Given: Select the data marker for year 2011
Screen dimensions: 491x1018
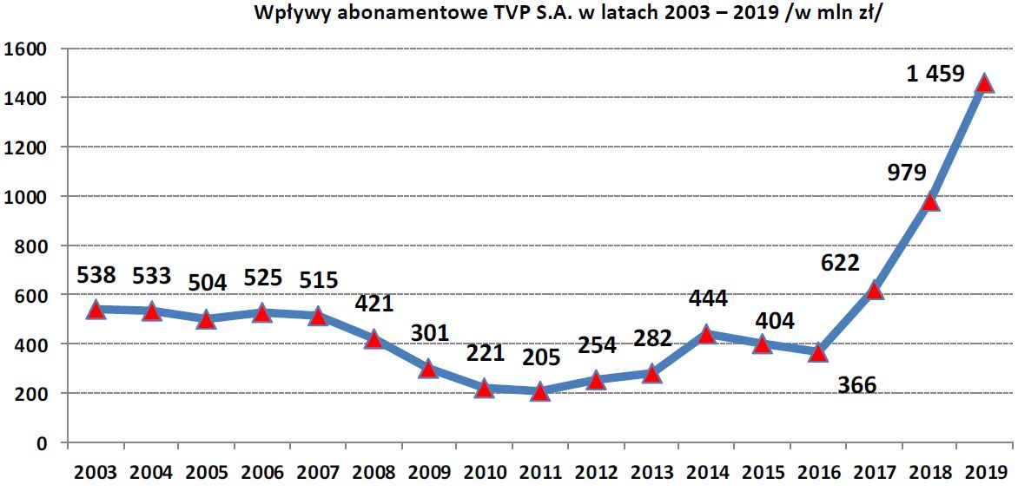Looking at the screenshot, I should click(539, 392).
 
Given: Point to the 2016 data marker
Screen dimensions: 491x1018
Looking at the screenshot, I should click(817, 353).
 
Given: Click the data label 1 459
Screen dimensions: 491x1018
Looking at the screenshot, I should click(935, 75).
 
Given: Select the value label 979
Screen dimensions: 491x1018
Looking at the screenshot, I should click(907, 172).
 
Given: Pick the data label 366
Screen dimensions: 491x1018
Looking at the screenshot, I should click(857, 385).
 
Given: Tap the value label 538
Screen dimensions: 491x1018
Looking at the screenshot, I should click(96, 276).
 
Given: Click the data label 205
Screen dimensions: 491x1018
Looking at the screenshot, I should click(542, 357).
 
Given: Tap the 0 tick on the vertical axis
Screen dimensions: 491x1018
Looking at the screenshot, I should click(41, 443).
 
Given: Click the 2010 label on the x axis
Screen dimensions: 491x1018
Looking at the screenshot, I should click(484, 474).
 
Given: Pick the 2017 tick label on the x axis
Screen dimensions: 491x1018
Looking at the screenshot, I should click(873, 474).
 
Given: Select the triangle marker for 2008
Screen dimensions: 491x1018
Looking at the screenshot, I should click(373, 339).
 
